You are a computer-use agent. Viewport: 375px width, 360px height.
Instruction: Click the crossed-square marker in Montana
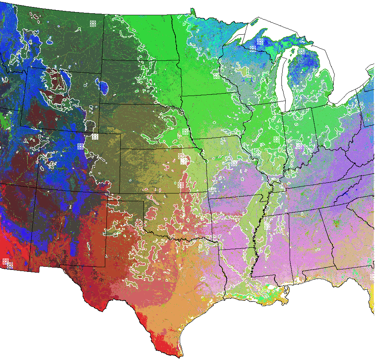93,24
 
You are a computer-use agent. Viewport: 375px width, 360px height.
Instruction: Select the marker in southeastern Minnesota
216,75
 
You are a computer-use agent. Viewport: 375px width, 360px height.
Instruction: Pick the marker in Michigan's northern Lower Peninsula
301,51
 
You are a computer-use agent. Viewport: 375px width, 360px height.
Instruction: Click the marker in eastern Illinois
276,139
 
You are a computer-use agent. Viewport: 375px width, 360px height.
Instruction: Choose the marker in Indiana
299,145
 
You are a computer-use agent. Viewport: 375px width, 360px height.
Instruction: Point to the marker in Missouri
234,163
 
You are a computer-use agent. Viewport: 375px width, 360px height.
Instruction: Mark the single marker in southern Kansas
180,185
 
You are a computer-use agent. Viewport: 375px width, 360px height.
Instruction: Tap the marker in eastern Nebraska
185,131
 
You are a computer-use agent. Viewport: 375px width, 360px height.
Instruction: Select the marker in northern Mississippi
267,226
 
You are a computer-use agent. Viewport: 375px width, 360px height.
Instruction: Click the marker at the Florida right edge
372,277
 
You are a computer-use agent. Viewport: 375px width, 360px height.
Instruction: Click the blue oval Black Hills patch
103,87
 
